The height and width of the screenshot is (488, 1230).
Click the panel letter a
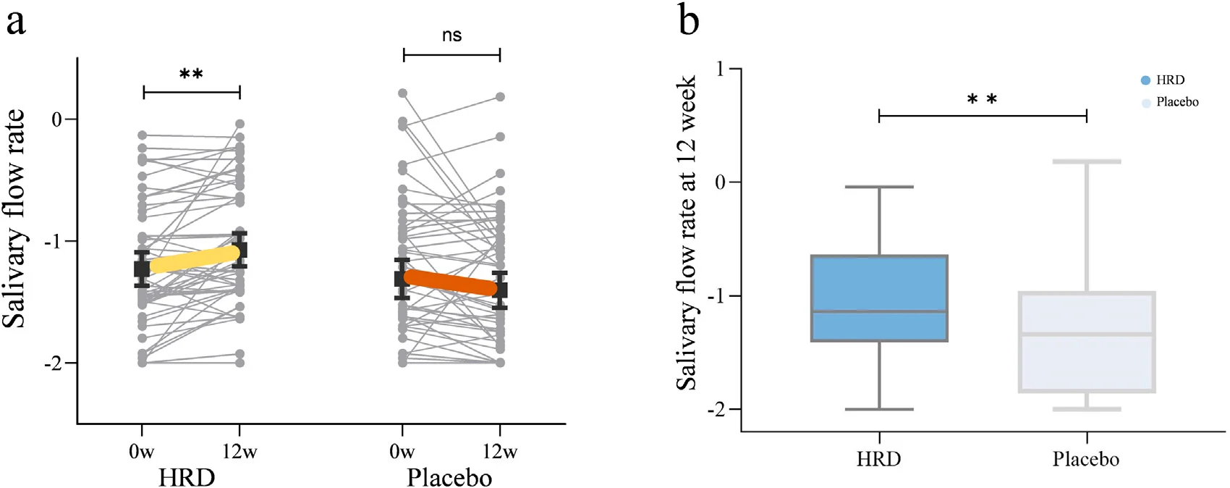[x=16, y=24]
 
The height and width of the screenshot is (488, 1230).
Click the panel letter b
[x=689, y=20]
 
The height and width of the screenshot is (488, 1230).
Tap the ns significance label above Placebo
[x=452, y=35]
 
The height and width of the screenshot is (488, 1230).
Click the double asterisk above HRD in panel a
[x=191, y=74]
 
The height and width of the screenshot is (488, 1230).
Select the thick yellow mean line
[x=191, y=260]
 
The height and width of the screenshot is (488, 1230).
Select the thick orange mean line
[x=451, y=282]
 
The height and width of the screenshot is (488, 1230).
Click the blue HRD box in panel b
[x=879, y=298]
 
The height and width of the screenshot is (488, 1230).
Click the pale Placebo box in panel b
[x=1087, y=342]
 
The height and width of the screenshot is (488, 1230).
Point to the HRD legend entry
[x=1163, y=80]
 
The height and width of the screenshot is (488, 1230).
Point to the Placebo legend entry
[x=1170, y=102]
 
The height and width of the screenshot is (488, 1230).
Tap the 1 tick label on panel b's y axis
[x=721, y=69]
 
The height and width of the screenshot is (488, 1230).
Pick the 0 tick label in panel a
[x=56, y=119]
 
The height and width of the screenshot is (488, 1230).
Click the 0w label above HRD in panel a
[x=141, y=452]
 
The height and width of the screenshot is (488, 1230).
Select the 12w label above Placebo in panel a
[x=500, y=452]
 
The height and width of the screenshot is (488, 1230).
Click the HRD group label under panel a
[x=187, y=477]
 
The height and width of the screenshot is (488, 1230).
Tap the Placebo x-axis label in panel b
[x=1085, y=459]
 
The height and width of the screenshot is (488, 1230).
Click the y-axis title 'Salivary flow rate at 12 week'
[x=686, y=233]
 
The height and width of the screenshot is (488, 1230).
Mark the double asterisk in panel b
[x=982, y=99]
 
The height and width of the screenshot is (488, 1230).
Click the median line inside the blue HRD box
[x=879, y=311]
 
